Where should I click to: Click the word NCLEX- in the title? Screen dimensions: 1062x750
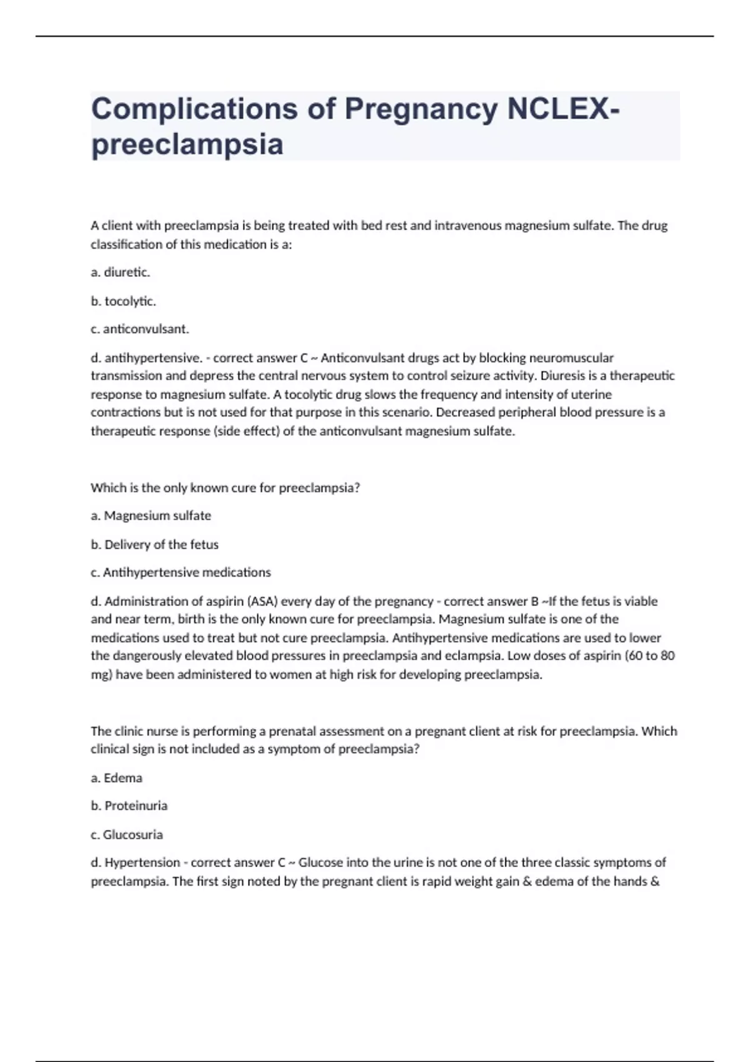tap(563, 109)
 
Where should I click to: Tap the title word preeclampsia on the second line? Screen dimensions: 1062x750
tap(187, 144)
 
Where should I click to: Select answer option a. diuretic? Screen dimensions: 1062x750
tap(121, 272)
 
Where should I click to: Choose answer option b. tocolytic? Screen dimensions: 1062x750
tap(123, 301)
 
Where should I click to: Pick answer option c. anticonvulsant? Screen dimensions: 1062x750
tap(139, 329)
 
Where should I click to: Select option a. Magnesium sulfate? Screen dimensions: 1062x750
tap(151, 515)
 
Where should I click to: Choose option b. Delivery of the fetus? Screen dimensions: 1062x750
tap(154, 544)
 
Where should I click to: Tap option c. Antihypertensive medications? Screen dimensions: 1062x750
tap(181, 572)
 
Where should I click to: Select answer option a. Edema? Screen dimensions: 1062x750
tap(116, 778)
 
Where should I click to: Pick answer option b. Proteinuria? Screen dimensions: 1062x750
tap(129, 806)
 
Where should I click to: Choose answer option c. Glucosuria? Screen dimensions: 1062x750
tap(126, 835)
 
